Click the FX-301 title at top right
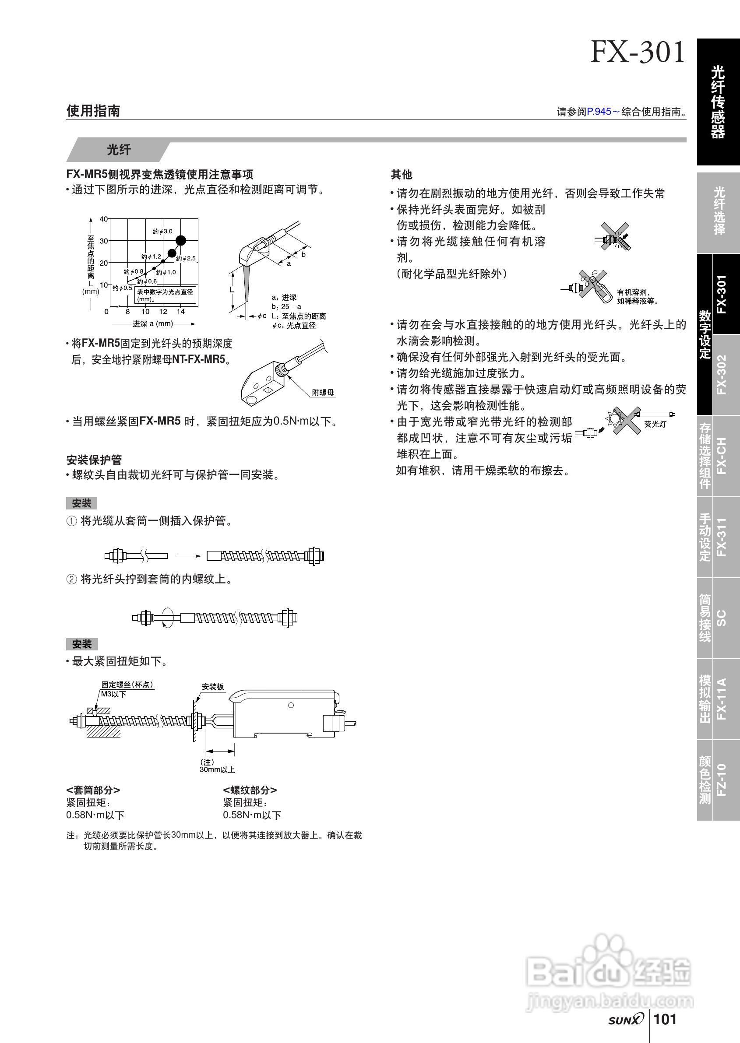[x=638, y=52]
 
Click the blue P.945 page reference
[x=599, y=112]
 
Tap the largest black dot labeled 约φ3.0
[x=181, y=240]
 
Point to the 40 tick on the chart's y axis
[x=104, y=219]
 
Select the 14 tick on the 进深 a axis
[x=181, y=312]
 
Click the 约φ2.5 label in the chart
[x=186, y=258]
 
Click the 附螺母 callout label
[x=323, y=392]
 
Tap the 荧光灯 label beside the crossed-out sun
[x=655, y=424]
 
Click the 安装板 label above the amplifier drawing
[x=213, y=687]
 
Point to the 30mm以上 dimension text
[x=217, y=770]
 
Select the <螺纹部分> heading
[x=250, y=790]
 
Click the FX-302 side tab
[x=721, y=374]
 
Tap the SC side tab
[x=721, y=618]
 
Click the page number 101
[x=666, y=1019]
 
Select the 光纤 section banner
[x=119, y=150]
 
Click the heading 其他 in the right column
[x=402, y=175]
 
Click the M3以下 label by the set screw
[x=113, y=694]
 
